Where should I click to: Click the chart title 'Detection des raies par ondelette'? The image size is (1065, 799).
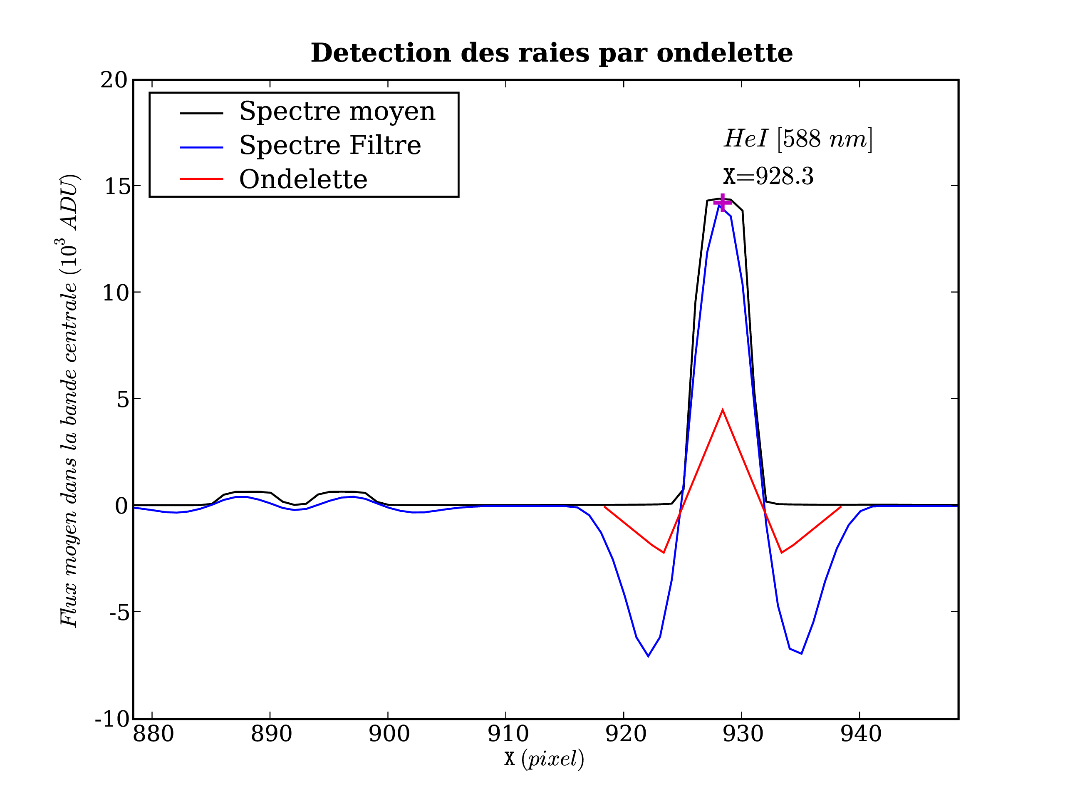551,53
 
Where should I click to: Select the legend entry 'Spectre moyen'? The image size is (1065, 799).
337,112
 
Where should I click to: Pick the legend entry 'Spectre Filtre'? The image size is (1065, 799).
330,146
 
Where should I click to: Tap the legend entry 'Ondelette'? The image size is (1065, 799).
303,180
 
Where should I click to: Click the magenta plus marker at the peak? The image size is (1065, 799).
722,203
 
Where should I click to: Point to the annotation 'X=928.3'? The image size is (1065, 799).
768,177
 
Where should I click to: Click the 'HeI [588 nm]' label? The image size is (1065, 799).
798,139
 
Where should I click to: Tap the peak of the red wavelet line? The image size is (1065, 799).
722,410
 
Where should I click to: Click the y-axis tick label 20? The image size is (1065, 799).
114,80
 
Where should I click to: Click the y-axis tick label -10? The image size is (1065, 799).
113,719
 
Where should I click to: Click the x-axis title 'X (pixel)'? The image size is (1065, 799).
544,759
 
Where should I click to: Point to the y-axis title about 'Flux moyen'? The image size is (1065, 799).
69,401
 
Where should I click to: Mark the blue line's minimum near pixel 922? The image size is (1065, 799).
648,656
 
